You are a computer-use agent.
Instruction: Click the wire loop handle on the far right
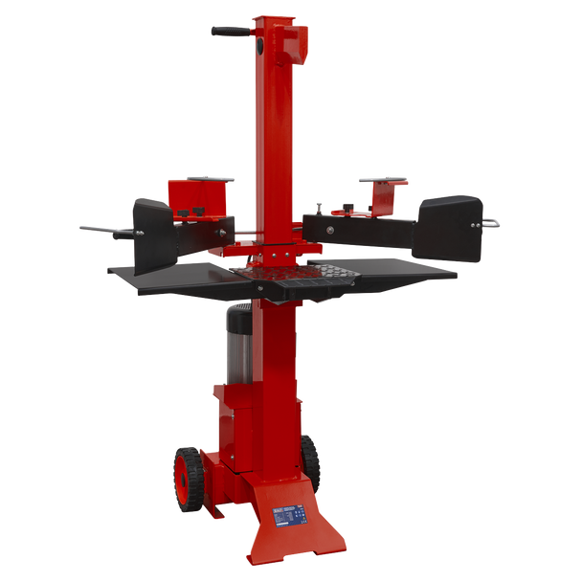click(x=496, y=222)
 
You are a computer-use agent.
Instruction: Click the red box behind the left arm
click(x=197, y=197)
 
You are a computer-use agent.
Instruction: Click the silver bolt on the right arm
click(x=332, y=229)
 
